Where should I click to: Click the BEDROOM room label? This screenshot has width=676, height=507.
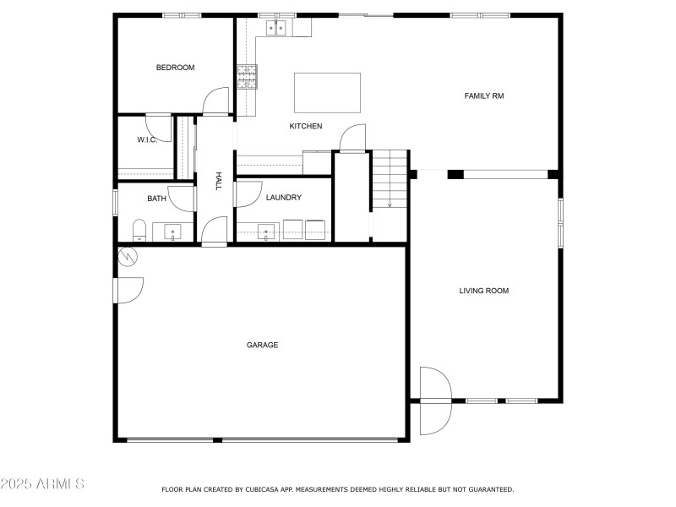[x=175, y=68]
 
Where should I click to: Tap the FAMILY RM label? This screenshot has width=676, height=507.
[x=483, y=95]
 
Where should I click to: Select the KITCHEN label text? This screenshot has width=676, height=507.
[x=306, y=126]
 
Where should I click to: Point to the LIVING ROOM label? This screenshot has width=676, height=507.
[x=483, y=291]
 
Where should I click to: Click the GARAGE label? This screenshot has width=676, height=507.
[x=262, y=345]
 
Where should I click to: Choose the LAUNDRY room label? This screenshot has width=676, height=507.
[x=284, y=198]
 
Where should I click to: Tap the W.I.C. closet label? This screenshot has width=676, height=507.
[x=147, y=139]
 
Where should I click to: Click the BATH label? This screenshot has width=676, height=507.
[x=156, y=199]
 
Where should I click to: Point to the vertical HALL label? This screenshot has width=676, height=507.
[x=219, y=181]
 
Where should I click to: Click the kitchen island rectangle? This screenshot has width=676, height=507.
[x=327, y=93]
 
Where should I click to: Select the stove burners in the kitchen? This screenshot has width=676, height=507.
[x=247, y=77]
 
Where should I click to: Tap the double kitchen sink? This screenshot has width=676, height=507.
[x=276, y=28]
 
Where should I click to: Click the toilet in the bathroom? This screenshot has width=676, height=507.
[x=139, y=231]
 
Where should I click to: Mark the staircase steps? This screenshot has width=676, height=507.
[x=390, y=178]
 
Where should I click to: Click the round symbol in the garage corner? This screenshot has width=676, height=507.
[x=128, y=257]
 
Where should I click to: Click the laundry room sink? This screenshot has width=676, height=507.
[x=266, y=232]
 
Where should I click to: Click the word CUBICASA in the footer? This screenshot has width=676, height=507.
[x=262, y=489]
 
